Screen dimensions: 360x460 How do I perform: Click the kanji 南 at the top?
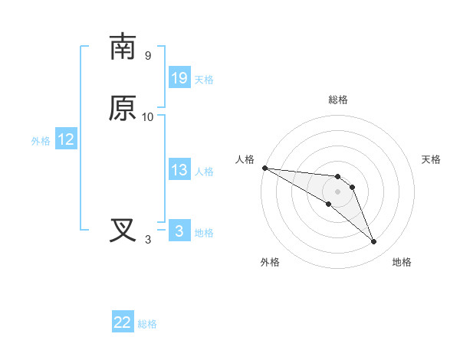(x=123, y=47)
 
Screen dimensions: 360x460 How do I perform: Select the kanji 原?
(x=123, y=108)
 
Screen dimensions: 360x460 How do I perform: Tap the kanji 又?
(x=123, y=231)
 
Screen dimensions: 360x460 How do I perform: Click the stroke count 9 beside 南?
(x=148, y=56)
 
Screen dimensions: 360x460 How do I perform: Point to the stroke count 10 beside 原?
(x=148, y=117)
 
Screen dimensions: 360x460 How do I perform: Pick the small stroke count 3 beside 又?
(x=148, y=240)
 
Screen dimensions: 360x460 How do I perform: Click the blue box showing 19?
(x=179, y=78)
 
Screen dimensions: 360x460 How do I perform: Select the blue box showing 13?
(x=179, y=170)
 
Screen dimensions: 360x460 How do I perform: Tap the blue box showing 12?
(x=66, y=139)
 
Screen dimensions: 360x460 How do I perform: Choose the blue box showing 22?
(x=123, y=322)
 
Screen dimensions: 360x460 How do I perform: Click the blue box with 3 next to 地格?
(x=179, y=231)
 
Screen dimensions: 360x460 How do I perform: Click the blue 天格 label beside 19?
(x=204, y=80)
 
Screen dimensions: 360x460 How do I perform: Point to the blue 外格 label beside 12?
(x=41, y=141)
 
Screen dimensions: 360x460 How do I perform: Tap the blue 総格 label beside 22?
(x=147, y=324)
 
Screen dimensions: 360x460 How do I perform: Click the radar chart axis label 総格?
(x=338, y=100)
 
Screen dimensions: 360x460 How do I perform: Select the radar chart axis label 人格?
(x=245, y=159)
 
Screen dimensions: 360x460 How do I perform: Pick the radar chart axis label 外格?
(x=270, y=262)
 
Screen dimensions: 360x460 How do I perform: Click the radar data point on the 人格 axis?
(x=264, y=168)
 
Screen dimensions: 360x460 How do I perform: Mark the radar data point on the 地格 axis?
(x=374, y=242)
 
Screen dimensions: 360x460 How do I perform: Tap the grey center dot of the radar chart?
(x=338, y=191)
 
